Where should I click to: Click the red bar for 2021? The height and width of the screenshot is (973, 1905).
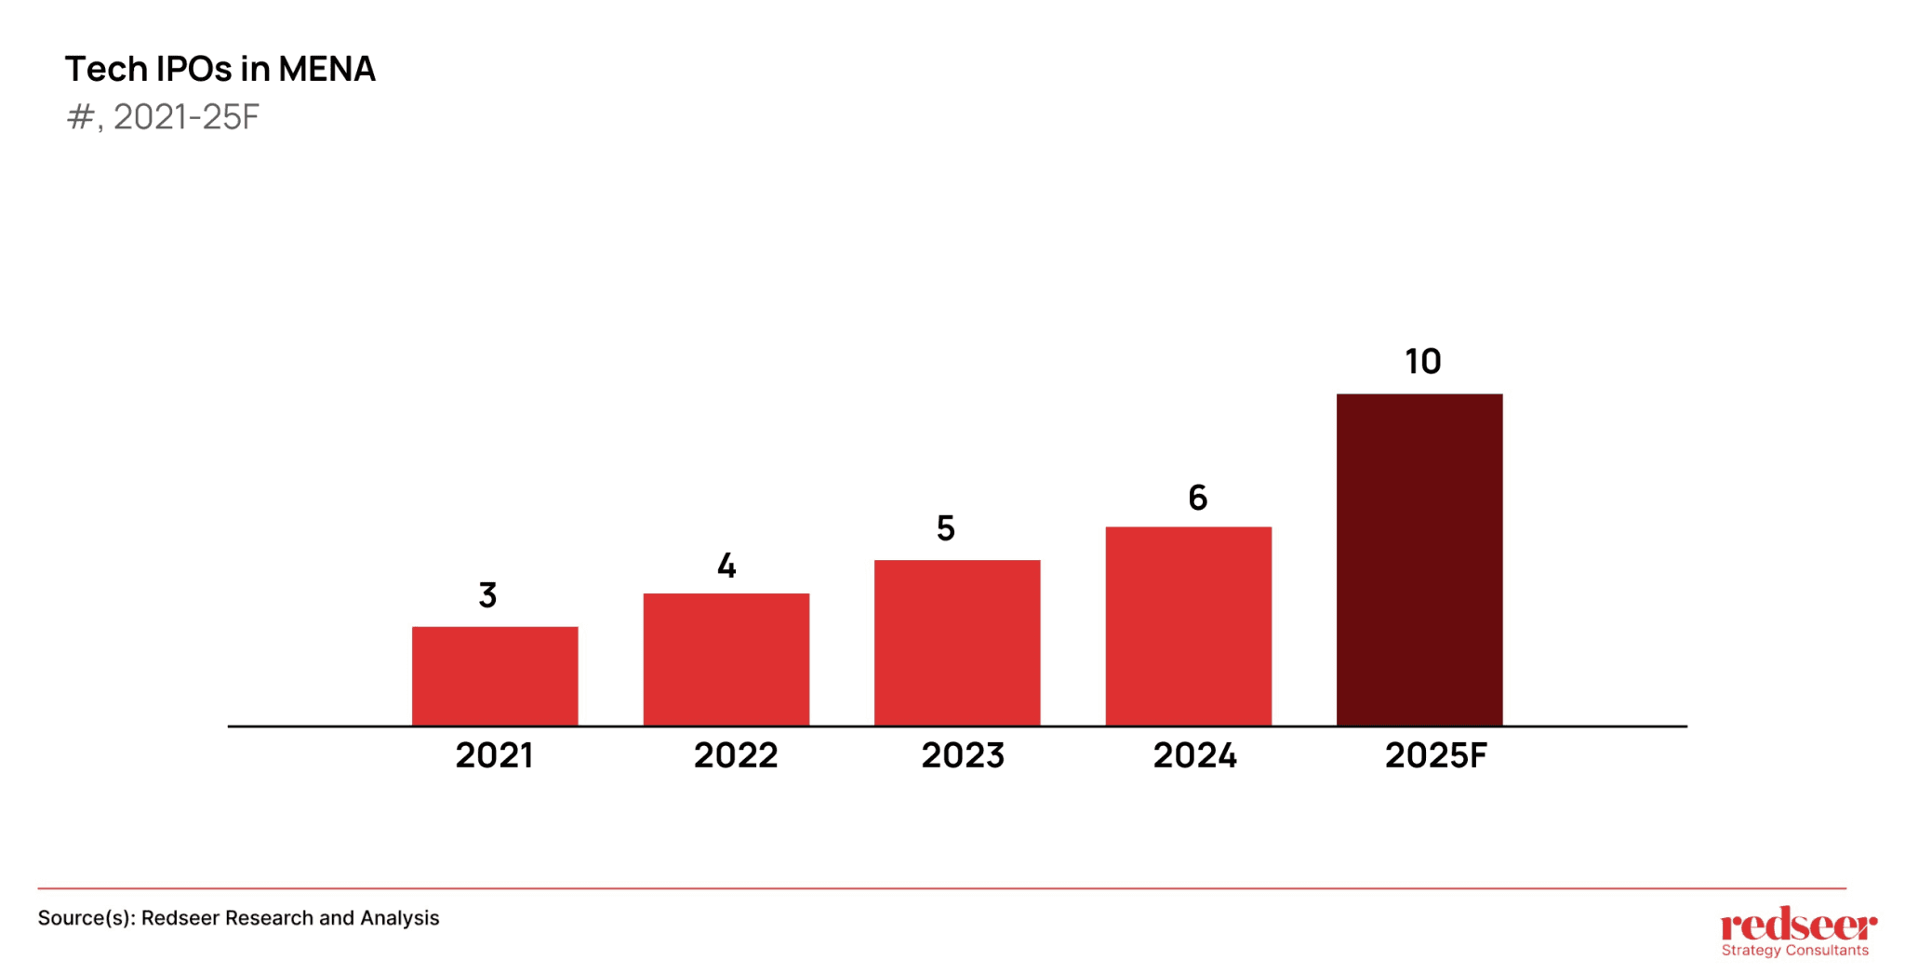tap(495, 675)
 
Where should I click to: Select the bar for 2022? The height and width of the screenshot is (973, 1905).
tap(726, 659)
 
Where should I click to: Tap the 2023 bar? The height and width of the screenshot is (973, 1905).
tap(957, 642)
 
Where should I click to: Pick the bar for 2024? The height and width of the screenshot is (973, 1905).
tap(1188, 625)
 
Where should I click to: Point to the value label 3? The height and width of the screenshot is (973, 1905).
tap(487, 595)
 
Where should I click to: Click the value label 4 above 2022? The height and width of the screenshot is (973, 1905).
tap(726, 566)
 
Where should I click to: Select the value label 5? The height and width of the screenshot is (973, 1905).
tap(945, 528)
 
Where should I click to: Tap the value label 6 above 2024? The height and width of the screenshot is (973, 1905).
tap(1198, 498)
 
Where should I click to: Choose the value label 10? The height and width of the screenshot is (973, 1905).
tap(1422, 361)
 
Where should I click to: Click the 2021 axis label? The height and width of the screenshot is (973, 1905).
tap(494, 755)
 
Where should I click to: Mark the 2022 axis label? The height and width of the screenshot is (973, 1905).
tap(735, 755)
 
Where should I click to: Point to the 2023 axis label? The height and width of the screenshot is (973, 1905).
tap(963, 755)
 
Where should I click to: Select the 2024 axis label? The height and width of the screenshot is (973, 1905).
tap(1194, 755)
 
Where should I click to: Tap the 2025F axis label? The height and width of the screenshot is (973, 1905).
tap(1435, 755)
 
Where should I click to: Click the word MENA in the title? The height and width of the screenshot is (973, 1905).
tap(326, 69)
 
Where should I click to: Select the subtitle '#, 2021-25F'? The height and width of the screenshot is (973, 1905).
tap(163, 117)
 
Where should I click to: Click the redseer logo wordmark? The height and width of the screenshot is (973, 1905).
tap(1798, 925)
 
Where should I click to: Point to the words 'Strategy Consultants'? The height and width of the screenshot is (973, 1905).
tap(1794, 951)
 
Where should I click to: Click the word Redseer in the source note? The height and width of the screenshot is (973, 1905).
tap(180, 918)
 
